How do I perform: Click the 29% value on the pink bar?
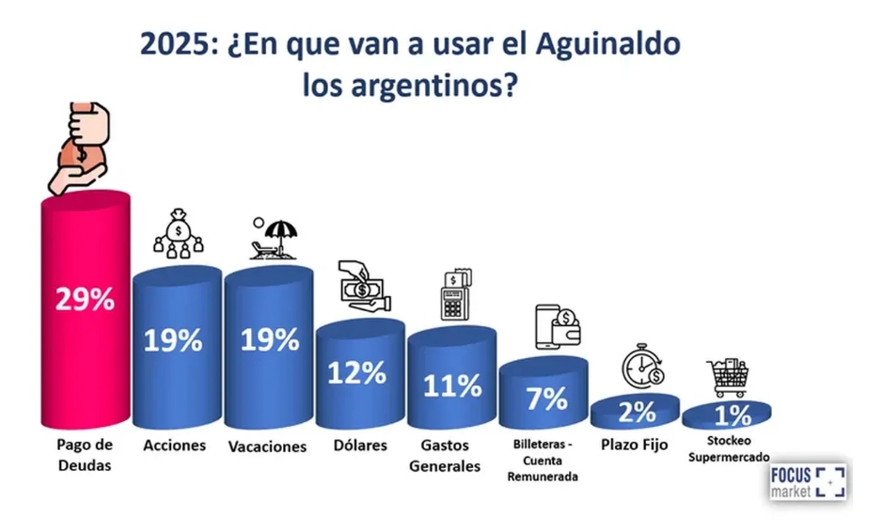[x=86, y=301]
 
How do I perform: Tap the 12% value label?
[x=356, y=372]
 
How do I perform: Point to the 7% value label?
[x=544, y=399]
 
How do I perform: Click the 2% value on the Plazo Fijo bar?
[x=636, y=412]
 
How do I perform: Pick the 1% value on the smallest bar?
[x=727, y=415]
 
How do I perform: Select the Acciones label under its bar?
[x=174, y=445]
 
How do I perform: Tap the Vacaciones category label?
[x=267, y=446]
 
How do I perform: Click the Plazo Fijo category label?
[x=635, y=445]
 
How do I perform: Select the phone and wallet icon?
[x=557, y=327]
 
